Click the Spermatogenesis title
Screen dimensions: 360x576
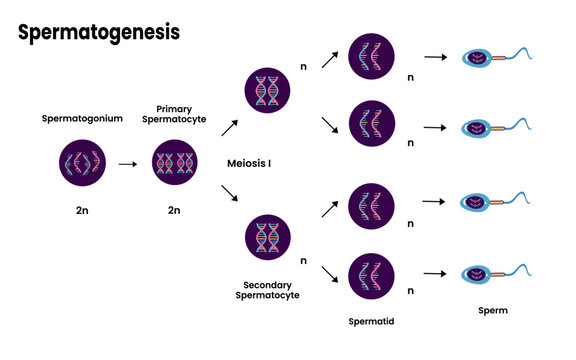point(99,32)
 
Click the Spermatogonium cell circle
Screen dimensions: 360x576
point(80,165)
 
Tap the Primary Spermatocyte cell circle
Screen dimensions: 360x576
point(174,165)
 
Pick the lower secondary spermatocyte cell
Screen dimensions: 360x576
point(268,238)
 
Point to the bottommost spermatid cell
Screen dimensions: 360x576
point(370,272)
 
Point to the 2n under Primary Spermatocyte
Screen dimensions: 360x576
point(174,211)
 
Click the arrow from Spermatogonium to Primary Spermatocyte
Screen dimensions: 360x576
point(127,165)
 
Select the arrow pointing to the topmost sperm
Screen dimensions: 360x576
point(432,57)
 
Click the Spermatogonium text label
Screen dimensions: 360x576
point(80,118)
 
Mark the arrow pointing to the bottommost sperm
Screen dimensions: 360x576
point(432,272)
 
